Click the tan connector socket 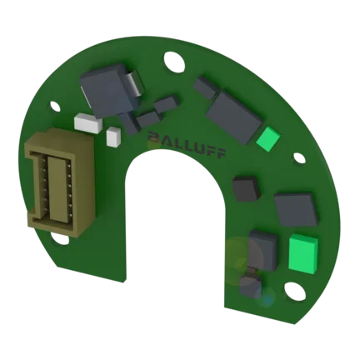(x=59, y=182)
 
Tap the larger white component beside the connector (x=88, y=123)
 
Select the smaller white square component (x=113, y=137)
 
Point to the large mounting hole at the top (x=174, y=62)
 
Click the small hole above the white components (x=55, y=106)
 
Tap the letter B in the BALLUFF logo (x=153, y=137)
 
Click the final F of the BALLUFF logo (x=220, y=154)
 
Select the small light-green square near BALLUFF (x=268, y=139)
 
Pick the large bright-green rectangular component (x=303, y=252)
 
